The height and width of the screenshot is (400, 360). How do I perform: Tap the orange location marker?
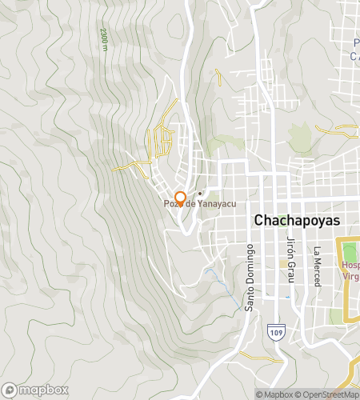click(x=181, y=198)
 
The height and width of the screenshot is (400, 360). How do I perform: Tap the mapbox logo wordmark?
click(x=41, y=390)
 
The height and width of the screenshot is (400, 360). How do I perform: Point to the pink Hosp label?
click(x=350, y=266)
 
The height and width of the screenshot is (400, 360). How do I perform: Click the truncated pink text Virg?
click(x=350, y=277)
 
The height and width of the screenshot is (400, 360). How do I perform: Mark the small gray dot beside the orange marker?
click(x=199, y=194)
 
